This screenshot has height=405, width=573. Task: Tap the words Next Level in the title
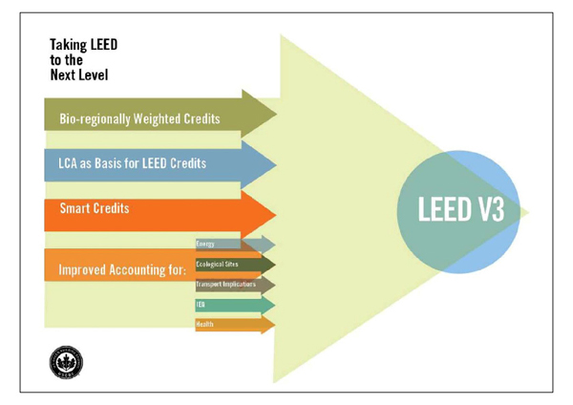[83, 75]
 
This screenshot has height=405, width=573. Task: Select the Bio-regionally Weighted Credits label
[139, 119]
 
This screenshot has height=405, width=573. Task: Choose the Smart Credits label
[95, 207]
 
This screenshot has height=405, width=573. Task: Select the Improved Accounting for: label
[122, 269]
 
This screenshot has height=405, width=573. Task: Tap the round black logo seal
[66, 360]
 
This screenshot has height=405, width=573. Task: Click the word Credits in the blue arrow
[187, 163]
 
